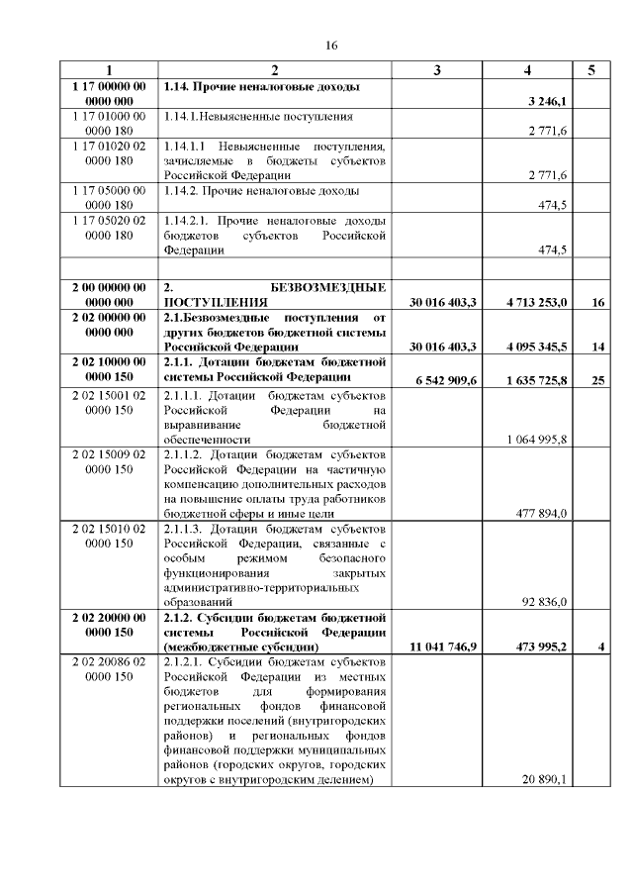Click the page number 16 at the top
[331, 45]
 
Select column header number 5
[591, 70]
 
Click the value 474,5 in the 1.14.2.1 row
[551, 250]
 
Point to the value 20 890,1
[546, 779]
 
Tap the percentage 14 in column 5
[597, 347]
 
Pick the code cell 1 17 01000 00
[110, 117]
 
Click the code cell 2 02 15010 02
[110, 529]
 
